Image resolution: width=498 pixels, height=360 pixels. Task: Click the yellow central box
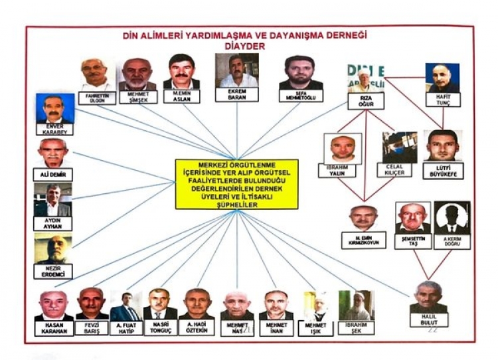(236, 184)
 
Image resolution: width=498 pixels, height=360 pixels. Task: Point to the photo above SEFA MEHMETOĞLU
(301, 72)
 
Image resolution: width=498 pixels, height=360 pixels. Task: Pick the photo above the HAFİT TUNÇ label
(442, 78)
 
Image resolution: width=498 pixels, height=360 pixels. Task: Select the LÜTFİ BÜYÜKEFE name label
(443, 171)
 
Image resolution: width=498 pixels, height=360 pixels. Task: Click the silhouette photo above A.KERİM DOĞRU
(452, 217)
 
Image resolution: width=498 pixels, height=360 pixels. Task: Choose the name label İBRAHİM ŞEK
(356, 327)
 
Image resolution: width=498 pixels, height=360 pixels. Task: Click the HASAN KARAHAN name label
(54, 327)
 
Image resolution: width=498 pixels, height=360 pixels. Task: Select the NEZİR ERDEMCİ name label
(53, 271)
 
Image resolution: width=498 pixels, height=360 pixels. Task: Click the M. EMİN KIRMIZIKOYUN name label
(364, 240)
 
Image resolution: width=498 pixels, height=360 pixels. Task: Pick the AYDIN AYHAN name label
(53, 224)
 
